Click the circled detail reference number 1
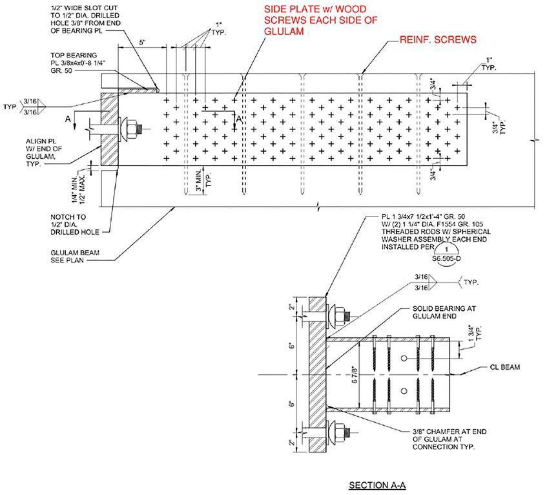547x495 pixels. pyautogui.click(x=442, y=249)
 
